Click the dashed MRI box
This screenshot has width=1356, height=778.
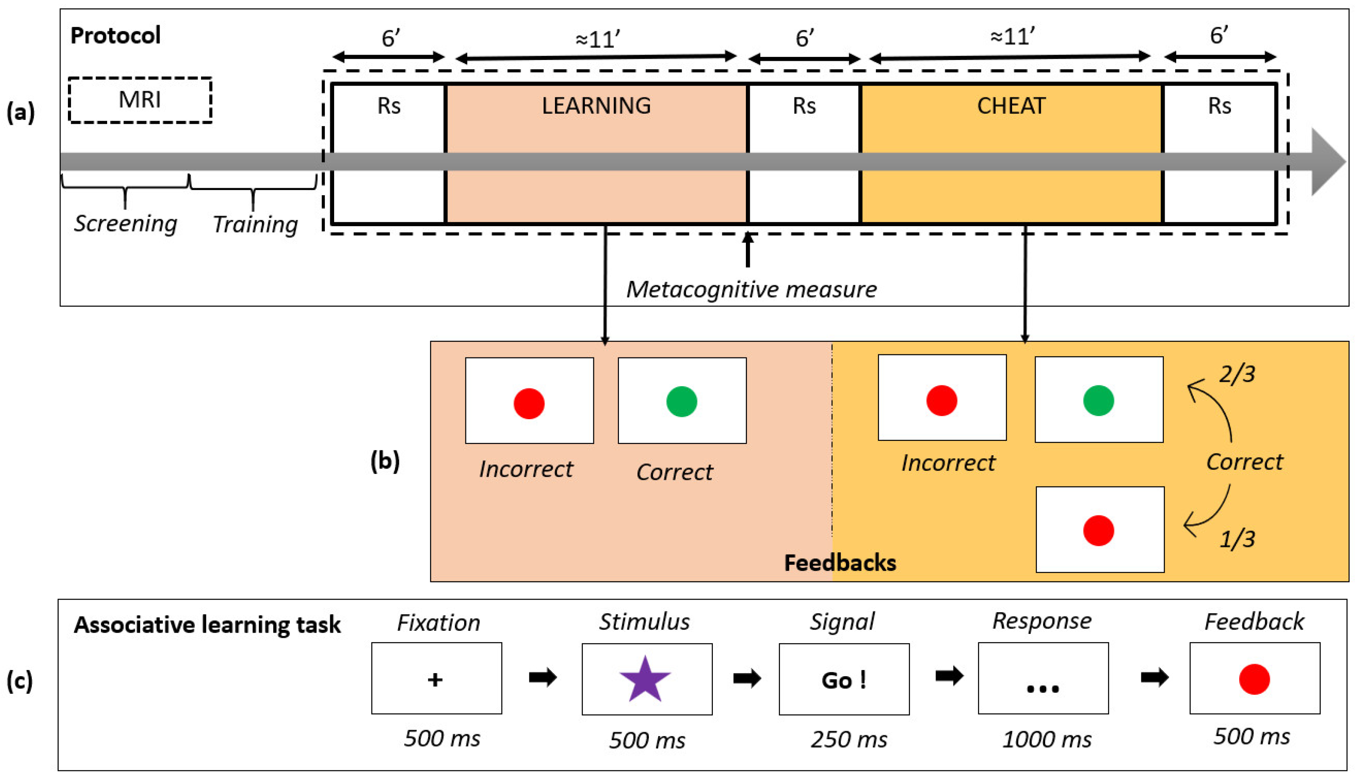click(140, 100)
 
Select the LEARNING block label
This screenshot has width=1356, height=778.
click(596, 106)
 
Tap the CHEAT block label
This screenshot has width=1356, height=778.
click(1011, 106)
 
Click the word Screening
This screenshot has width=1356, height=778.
click(126, 223)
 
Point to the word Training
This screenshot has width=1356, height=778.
click(255, 224)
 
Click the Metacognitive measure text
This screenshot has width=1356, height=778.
click(751, 290)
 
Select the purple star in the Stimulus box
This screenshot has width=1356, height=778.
click(645, 679)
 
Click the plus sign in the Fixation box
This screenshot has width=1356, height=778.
click(435, 680)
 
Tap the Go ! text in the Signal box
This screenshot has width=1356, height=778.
click(844, 680)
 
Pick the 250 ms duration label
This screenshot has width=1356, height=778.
click(849, 740)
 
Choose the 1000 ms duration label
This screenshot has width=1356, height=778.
click(1047, 740)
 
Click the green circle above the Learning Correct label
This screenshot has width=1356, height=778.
click(682, 401)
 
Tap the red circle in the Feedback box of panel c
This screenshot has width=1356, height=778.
click(1254, 679)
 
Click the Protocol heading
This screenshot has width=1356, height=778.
click(115, 36)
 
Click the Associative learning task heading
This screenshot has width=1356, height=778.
click(207, 625)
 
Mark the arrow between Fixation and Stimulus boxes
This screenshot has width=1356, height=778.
click(542, 678)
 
